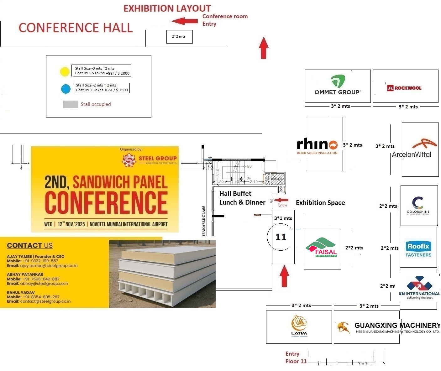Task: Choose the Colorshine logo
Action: coord(418,205)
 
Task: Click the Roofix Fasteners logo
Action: coord(418,249)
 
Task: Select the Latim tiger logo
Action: coord(299,326)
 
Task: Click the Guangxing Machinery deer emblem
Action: coord(344,328)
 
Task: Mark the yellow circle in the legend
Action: coord(65,72)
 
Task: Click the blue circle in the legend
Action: coord(66,89)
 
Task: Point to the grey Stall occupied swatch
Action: coord(71,104)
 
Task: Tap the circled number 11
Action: coord(281,237)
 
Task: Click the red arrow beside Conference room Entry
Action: coord(185,21)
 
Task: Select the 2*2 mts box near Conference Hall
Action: coord(179,37)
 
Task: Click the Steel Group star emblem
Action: coord(129,160)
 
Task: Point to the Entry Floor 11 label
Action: coord(296,358)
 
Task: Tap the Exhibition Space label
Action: coord(320,203)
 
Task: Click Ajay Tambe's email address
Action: coord(49,266)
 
